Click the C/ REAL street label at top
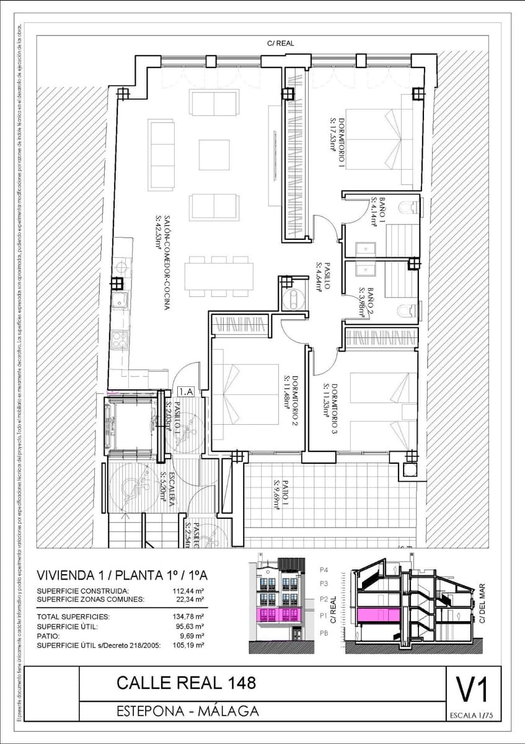[280, 43]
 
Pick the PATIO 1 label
[280, 494]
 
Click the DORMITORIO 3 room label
[330, 409]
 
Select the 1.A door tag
[185, 391]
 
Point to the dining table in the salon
[221, 276]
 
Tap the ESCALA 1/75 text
[472, 715]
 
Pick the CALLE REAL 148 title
[186, 683]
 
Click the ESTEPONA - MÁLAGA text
[188, 711]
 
